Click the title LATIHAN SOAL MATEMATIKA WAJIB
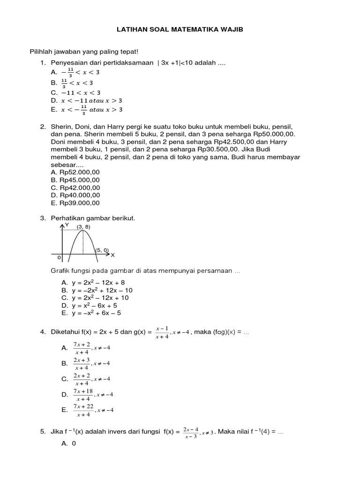pos(180,29)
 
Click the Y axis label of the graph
pos(67,225)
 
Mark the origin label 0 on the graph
pos(59,257)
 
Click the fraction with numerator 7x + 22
pos(82,410)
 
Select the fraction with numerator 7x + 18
pos(82,394)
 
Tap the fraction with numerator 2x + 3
pos(82,363)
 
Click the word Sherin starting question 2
pos(60,127)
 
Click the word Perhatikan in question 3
pos(66,218)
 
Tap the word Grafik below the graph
pos(60,271)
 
